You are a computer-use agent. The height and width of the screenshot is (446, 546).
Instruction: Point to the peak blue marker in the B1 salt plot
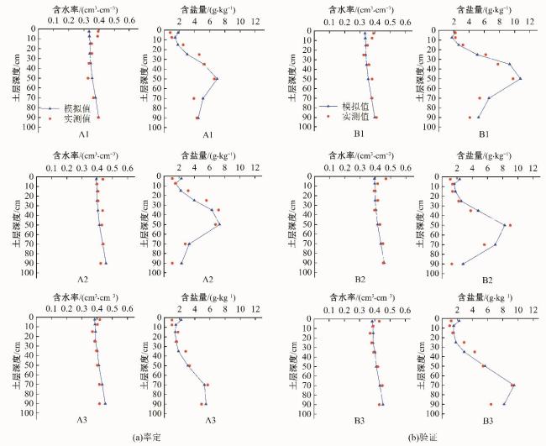pyautogui.click(x=520, y=79)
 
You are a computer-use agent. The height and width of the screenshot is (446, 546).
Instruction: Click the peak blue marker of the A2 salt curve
pyautogui.click(x=219, y=224)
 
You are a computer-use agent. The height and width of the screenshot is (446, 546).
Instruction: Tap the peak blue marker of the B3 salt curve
pyautogui.click(x=513, y=386)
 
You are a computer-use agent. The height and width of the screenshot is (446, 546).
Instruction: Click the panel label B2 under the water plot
pyautogui.click(x=360, y=278)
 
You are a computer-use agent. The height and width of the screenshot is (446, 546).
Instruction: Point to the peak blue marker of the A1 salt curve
pyautogui.click(x=217, y=79)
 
